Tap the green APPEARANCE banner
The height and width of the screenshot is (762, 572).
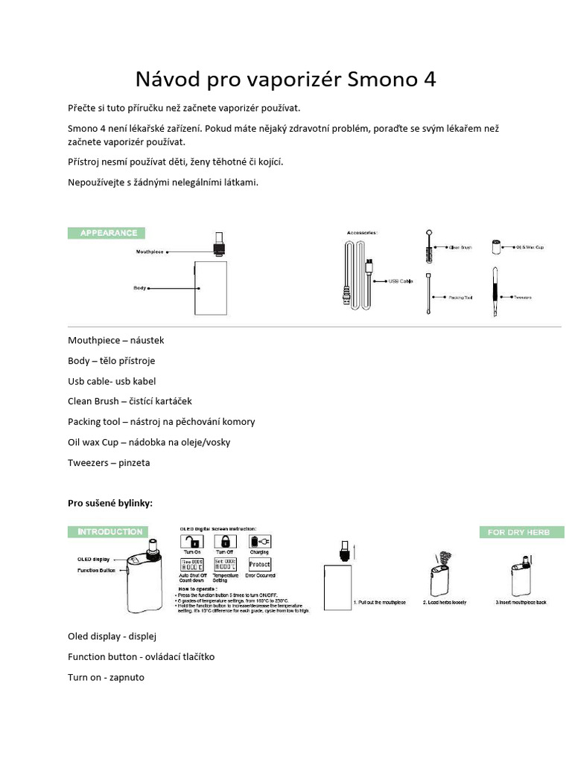(x=104, y=233)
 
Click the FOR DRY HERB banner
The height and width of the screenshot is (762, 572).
(x=521, y=532)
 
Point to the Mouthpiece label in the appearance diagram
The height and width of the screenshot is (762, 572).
(x=149, y=252)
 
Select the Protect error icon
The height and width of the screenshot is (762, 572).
(x=259, y=565)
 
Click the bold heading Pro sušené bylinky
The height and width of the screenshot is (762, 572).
(x=110, y=503)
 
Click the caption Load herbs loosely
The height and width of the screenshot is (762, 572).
(x=445, y=601)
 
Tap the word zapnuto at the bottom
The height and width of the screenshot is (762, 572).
(x=126, y=677)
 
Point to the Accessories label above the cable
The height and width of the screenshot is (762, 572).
(x=362, y=233)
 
